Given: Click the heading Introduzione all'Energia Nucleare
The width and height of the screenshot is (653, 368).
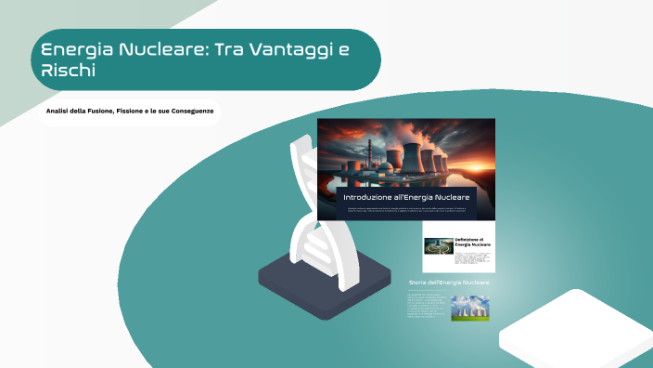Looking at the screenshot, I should click(406, 198).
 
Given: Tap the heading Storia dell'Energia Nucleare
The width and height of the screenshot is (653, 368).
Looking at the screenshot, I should click(449, 281).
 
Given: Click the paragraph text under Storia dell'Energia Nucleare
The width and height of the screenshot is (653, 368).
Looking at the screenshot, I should click(427, 307).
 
